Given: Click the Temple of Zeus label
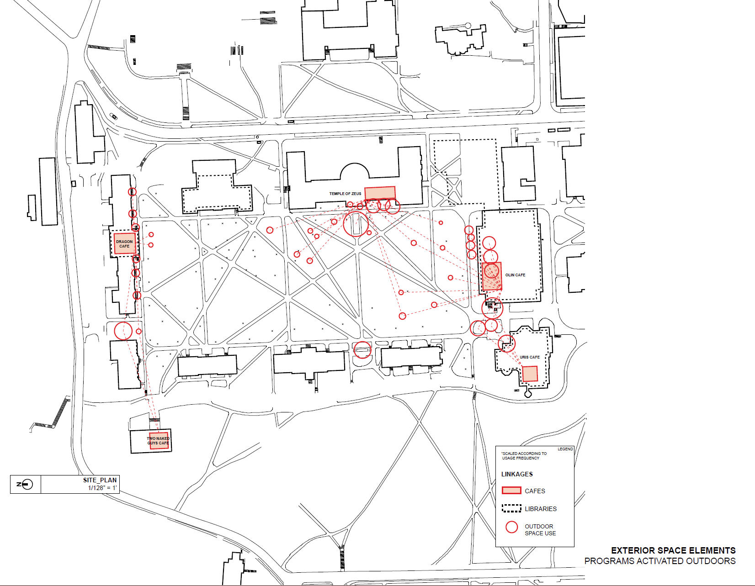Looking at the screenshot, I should coord(345,194).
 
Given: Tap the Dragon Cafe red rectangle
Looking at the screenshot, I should coord(124,243).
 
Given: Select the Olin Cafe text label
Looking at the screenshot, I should coord(515,275).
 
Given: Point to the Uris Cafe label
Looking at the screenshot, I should coord(530,357).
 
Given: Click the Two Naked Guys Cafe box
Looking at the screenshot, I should coord(159,440).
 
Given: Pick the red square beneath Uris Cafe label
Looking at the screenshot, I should coord(530,374).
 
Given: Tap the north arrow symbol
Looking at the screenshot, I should coord(26,484).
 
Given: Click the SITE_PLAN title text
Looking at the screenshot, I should coord(100,480).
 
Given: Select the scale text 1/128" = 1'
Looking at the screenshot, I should coord(102,488).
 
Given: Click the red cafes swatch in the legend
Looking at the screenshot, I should coord(511,491).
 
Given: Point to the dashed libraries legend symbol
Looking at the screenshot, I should coord(511,508).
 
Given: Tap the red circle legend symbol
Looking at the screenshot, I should coord(511,528).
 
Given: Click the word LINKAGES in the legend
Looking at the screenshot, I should coord(517,474).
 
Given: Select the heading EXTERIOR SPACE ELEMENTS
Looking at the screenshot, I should coord(673,550).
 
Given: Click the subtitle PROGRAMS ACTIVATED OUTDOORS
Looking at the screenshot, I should coord(660,561).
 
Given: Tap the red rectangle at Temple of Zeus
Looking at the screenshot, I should coord(380,193).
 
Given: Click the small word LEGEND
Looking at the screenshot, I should coord(565,449).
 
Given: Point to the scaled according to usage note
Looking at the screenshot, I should coord(524,456).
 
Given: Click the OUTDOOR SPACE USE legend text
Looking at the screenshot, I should coord(540,530).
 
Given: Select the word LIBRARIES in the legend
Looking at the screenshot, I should coord(541,509).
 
